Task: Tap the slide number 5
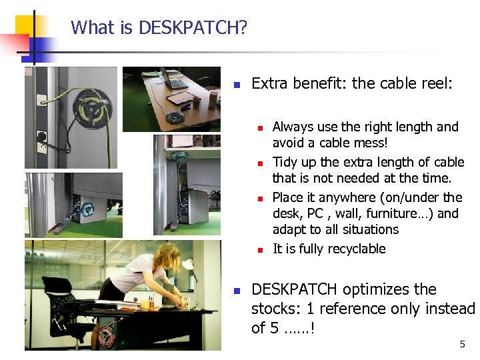coord(462,344)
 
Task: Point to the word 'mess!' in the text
coord(370,143)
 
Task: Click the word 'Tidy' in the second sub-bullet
coord(285,162)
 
